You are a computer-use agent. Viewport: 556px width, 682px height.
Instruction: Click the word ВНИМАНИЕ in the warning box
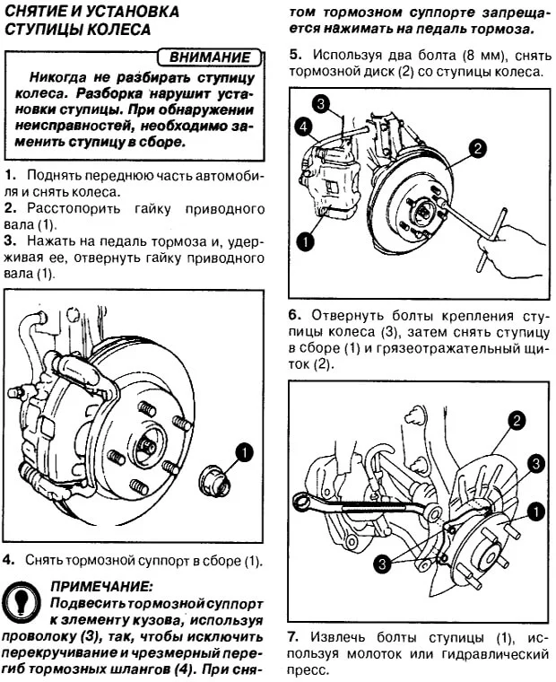[211, 57]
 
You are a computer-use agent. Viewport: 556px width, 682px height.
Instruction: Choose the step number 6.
[295, 316]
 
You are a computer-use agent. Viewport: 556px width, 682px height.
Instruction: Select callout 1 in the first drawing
[244, 451]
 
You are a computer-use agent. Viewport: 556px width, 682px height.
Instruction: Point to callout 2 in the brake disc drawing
[478, 148]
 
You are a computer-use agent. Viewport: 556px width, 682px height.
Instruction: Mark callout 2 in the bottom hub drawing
[517, 419]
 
